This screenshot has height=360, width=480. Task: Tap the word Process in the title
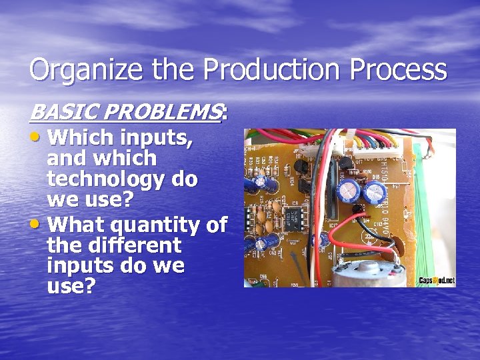pos(397,70)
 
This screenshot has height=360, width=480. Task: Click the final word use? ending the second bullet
pos(71,287)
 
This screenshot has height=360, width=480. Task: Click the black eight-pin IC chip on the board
pos(290,217)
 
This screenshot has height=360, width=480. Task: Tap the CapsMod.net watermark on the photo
pos(437,281)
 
